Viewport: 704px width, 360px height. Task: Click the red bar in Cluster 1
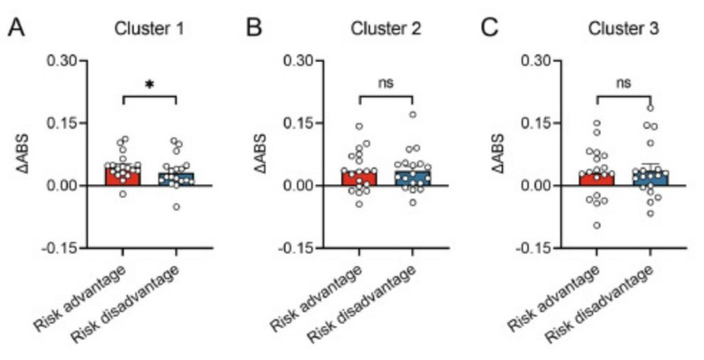pyautogui.click(x=123, y=176)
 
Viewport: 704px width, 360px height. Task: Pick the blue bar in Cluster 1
pyautogui.click(x=177, y=178)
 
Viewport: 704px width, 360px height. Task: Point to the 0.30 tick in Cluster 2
pyautogui.click(x=305, y=61)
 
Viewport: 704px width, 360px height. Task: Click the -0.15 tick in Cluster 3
pyautogui.click(x=541, y=248)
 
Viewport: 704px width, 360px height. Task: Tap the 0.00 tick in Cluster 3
pyautogui.click(x=543, y=185)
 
